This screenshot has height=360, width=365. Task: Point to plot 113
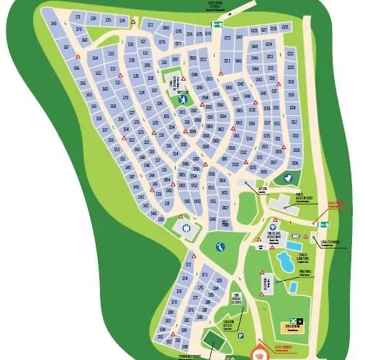[150, 25]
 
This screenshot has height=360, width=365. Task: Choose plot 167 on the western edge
[67, 48]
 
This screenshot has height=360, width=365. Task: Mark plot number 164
[95, 56]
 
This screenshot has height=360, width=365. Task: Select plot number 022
[290, 54]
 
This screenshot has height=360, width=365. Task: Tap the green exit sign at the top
[215, 24]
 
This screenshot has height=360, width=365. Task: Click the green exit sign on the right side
[323, 225]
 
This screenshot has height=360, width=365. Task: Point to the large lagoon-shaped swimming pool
[286, 261]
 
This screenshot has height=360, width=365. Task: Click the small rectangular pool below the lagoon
[294, 287]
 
